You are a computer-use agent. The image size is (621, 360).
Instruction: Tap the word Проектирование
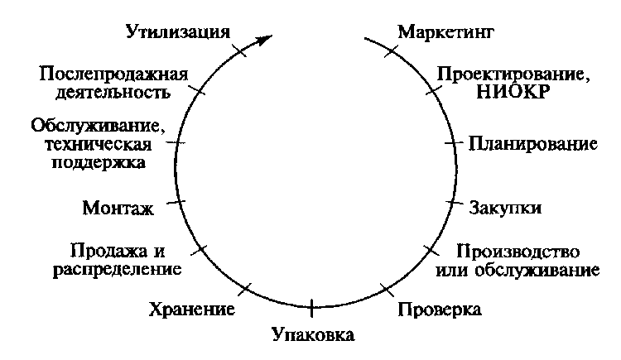click(513, 74)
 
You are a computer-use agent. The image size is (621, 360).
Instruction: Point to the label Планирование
click(532, 142)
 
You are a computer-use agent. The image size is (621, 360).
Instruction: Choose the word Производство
click(519, 252)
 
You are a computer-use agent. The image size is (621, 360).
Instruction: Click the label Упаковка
click(313, 335)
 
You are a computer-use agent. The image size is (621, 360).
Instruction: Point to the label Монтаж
click(119, 207)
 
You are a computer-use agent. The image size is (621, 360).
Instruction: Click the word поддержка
click(99, 161)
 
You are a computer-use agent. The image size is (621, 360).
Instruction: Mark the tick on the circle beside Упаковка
click(312, 307)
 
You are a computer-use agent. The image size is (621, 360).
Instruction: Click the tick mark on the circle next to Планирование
click(452, 143)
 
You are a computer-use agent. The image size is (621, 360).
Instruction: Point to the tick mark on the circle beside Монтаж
click(179, 201)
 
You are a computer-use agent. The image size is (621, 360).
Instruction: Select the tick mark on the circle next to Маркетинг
click(388, 51)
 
